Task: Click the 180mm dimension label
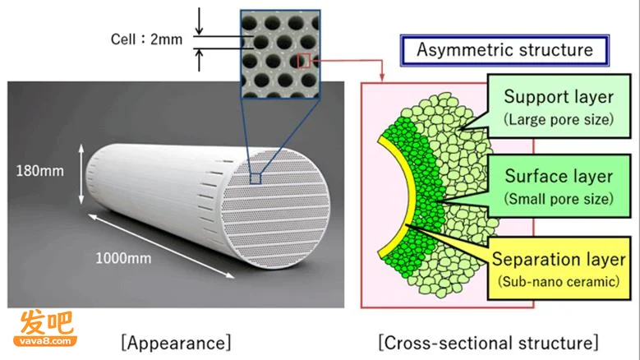pyautogui.click(x=40, y=171)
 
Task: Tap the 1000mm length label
pyautogui.click(x=123, y=258)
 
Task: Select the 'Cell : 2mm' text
pyautogui.click(x=146, y=39)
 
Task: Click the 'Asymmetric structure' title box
pyautogui.click(x=505, y=50)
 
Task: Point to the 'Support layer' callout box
pyautogui.click(x=559, y=106)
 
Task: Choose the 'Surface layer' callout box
pyautogui.click(x=559, y=186)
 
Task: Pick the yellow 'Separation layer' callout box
pyautogui.click(x=559, y=269)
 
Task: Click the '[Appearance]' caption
pyautogui.click(x=176, y=343)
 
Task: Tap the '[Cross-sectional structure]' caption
pyautogui.click(x=488, y=343)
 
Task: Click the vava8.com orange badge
pyautogui.click(x=45, y=341)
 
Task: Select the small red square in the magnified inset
pyautogui.click(x=304, y=61)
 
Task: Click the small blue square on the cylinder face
pyautogui.click(x=256, y=179)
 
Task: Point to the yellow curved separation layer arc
pyautogui.click(x=399, y=196)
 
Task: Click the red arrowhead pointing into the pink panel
pyautogui.click(x=382, y=76)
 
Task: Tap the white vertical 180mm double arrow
pyautogui.click(x=81, y=174)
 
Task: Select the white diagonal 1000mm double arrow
pyautogui.click(x=161, y=246)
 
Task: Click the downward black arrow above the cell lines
pyautogui.click(x=199, y=21)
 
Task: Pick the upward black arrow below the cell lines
pyautogui.click(x=199, y=60)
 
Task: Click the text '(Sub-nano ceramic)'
pyautogui.click(x=559, y=282)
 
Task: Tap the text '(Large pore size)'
pyautogui.click(x=559, y=120)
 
